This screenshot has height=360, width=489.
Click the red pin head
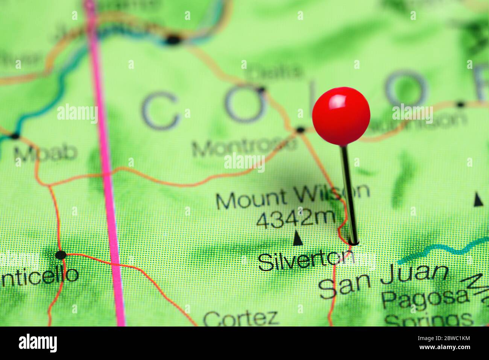click(x=341, y=116)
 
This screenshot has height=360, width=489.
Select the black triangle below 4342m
click(x=298, y=238)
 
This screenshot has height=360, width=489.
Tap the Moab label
click(x=45, y=152)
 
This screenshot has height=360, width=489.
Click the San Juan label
click(x=384, y=280)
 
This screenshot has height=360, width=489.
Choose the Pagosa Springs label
click(x=427, y=307)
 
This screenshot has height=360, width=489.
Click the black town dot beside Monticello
click(x=61, y=255)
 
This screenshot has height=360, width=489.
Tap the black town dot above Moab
click(x=15, y=136)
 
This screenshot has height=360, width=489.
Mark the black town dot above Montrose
click(x=300, y=130)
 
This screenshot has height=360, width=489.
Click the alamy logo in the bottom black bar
click(x=38, y=343)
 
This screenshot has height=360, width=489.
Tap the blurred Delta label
click(x=275, y=71)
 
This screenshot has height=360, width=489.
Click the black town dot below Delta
click(x=261, y=90)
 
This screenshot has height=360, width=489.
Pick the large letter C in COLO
click(x=159, y=111)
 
